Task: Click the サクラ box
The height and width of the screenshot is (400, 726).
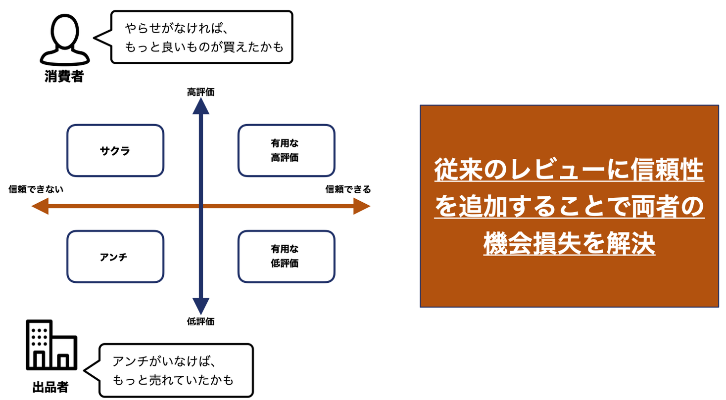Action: coord(115,151)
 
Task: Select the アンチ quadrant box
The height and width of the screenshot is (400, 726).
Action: coord(115,257)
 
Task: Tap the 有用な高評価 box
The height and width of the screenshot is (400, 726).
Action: coord(286,151)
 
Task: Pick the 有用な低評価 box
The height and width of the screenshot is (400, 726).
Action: coord(286,257)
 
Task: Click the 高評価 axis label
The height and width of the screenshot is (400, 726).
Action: coord(200,92)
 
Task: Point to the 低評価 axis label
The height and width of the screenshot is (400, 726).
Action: coord(200,322)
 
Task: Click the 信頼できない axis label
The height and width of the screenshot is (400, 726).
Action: coord(36,189)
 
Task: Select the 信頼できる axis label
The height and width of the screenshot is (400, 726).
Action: coord(348,189)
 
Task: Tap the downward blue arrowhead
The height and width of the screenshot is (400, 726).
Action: coord(200,306)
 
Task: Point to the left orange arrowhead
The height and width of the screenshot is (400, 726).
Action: coord(40,206)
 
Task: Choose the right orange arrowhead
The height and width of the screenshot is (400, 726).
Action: coord(362,206)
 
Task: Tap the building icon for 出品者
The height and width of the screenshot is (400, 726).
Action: coord(51,345)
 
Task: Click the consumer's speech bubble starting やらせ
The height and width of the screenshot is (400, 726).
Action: coord(202,37)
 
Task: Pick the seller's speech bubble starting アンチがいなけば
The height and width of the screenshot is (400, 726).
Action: coord(176,370)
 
